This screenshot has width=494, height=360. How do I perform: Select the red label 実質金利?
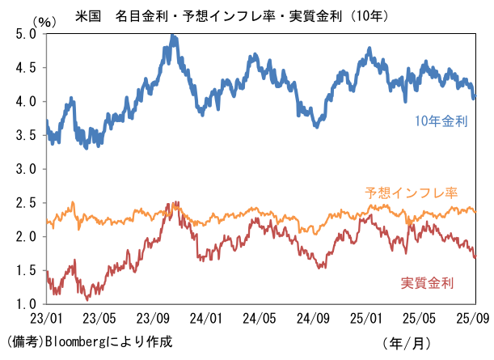427,282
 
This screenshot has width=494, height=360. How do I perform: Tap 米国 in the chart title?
87,15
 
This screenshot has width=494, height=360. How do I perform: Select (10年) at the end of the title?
359,15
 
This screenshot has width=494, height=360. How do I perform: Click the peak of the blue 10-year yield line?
173,36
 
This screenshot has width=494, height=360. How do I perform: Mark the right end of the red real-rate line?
475,257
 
